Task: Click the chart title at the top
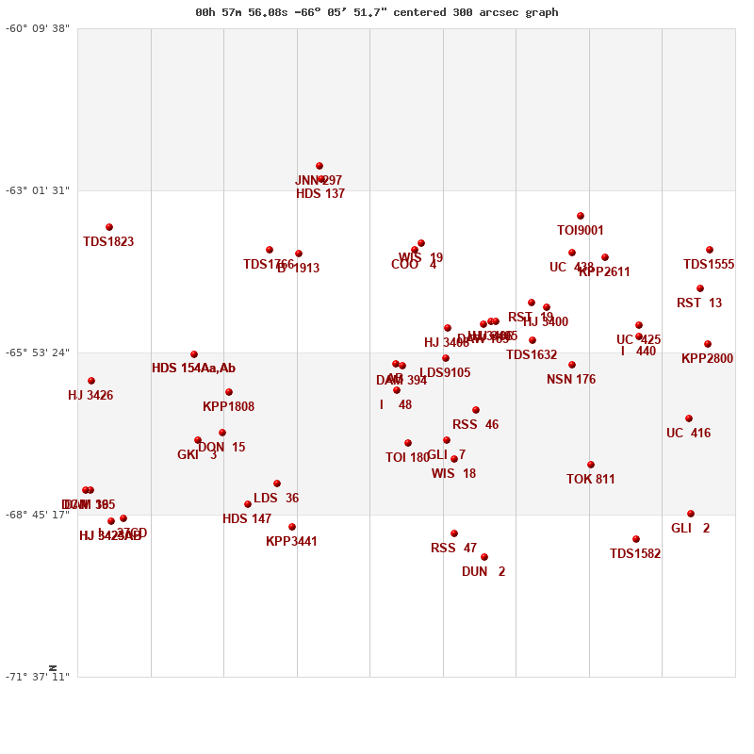[377, 12]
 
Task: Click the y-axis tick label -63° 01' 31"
[38, 190]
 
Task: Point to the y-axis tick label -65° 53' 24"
[38, 352]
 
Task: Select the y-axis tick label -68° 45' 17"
[38, 515]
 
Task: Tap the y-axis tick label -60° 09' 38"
[38, 28]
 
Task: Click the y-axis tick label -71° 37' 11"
[38, 677]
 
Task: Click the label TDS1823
[108, 242]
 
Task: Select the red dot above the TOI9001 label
[581, 216]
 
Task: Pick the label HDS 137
[320, 194]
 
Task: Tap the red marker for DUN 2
[484, 557]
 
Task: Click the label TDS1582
[635, 554]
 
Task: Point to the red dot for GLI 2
[691, 514]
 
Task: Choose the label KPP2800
[707, 359]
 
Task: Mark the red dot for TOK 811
[591, 465]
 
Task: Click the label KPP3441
[291, 542]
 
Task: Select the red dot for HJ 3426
[91, 381]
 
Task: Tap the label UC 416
[688, 434]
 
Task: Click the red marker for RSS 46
[476, 410]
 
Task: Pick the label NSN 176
[571, 380]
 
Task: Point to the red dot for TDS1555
[710, 250]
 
